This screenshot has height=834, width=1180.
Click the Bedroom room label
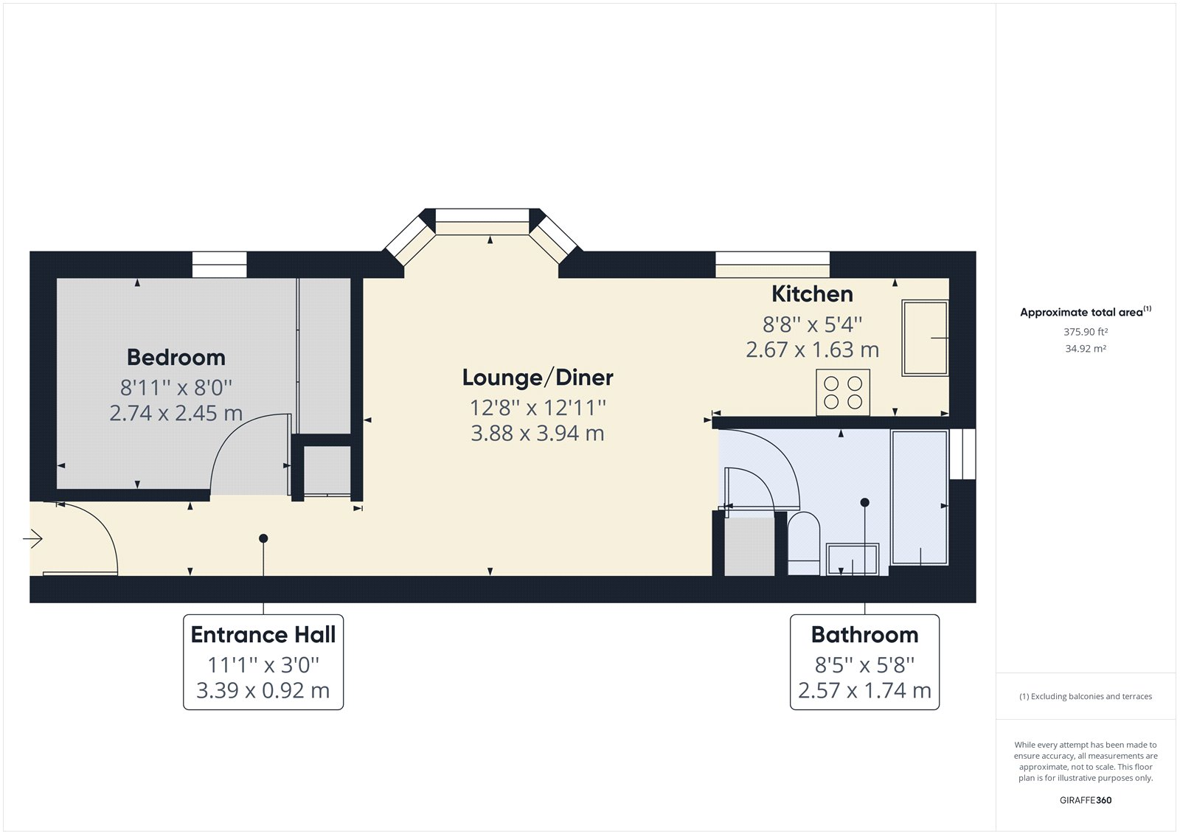[176, 358]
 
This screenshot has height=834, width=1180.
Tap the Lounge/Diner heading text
[538, 378]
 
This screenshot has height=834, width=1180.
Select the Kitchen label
[812, 294]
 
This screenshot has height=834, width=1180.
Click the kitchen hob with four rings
[843, 392]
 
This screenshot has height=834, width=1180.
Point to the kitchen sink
[925, 338]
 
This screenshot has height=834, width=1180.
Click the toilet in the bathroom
[804, 543]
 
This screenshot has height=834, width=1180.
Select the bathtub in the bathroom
[919, 498]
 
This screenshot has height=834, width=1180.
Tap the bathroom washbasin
[853, 559]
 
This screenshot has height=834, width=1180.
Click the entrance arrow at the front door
[33, 540]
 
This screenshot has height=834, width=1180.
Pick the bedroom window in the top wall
[219, 265]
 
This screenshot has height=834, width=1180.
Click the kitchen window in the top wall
[772, 265]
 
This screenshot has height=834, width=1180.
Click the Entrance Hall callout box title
[263, 635]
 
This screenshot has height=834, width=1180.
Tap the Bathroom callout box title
[864, 635]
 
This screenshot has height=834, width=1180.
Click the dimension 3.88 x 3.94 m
[538, 434]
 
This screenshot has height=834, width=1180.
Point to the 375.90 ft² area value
[1086, 333]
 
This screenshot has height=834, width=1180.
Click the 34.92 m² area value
[1086, 349]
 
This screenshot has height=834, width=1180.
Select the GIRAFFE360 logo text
[1086, 800]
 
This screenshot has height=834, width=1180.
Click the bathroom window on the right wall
[962, 454]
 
